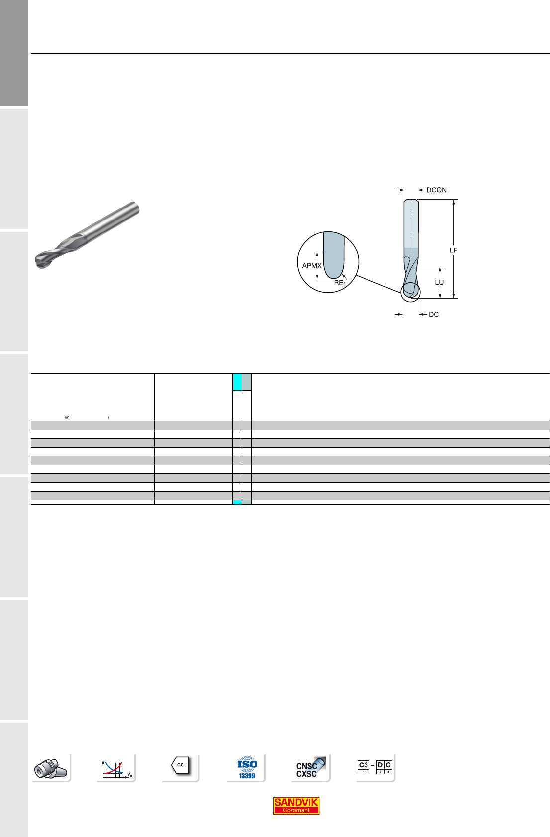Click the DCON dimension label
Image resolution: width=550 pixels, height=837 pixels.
click(x=436, y=190)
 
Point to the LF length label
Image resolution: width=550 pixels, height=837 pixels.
click(x=453, y=250)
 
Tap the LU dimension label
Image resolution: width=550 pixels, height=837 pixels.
click(x=439, y=282)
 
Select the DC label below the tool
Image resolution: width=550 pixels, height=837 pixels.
click(x=433, y=315)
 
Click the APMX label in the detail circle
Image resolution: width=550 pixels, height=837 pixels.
click(x=312, y=266)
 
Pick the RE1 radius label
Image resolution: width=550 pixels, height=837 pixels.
click(x=340, y=283)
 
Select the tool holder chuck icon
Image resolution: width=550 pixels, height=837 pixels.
click(x=51, y=768)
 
